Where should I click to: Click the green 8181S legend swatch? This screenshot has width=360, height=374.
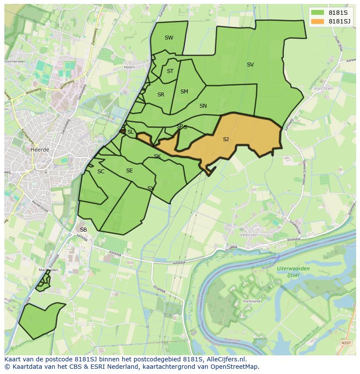[x=318, y=13]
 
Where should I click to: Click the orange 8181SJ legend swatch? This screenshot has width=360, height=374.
[x=318, y=21]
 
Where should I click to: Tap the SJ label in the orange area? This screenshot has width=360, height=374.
[x=226, y=139]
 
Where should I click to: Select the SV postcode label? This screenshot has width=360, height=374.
[x=250, y=65]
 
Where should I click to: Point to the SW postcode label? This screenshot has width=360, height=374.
[x=169, y=38]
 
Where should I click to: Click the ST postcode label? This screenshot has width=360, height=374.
[x=170, y=71]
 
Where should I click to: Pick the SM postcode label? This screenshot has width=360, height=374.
[x=184, y=92]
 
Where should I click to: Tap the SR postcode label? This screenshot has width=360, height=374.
[x=161, y=95]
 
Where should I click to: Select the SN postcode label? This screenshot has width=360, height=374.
[x=203, y=106]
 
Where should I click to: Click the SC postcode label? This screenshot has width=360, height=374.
[x=101, y=172]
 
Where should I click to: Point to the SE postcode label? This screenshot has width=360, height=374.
[x=129, y=171]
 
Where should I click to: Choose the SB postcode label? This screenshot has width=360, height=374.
[x=83, y=230]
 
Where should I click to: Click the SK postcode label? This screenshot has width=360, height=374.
[x=157, y=156]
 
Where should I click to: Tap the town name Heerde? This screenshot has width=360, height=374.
[x=40, y=149]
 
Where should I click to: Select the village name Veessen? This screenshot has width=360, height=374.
[x=249, y=235]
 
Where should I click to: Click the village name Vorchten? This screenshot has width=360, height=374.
[x=323, y=88]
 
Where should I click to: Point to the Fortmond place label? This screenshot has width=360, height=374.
[x=252, y=301]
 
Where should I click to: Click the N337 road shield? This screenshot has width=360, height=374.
[x=346, y=343]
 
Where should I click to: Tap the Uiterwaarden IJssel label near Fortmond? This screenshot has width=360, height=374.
[x=293, y=271]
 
